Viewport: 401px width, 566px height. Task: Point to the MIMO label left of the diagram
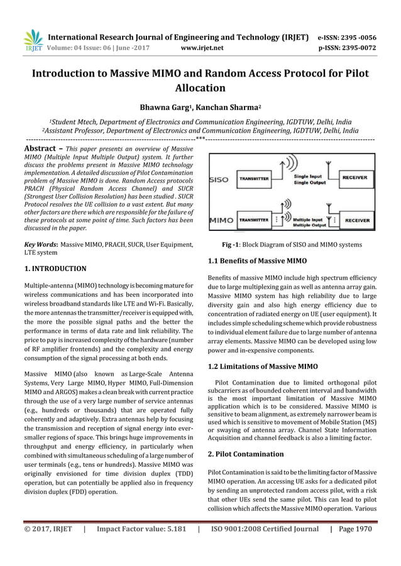click(221, 221)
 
